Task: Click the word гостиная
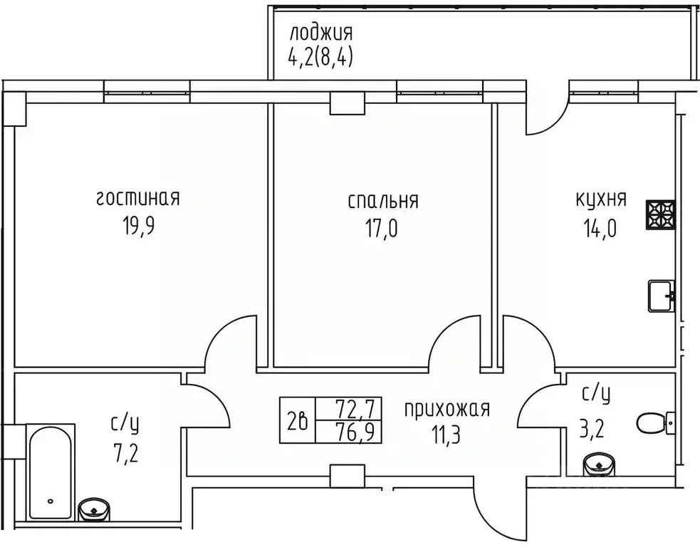[x=137, y=199]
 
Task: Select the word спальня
[x=382, y=201]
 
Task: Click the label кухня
[x=601, y=199]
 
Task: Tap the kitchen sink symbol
[x=662, y=296]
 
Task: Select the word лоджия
[x=321, y=33]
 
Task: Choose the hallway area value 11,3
[x=446, y=434]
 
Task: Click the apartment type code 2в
[x=298, y=422]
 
